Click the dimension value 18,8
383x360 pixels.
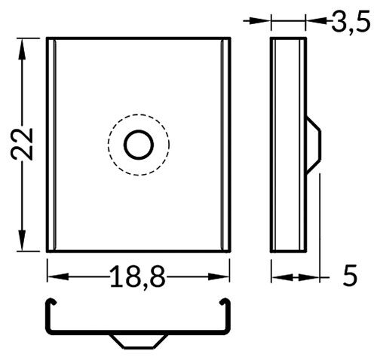pos(137,276)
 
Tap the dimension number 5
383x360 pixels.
pos(349,276)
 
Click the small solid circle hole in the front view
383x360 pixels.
pos(138,145)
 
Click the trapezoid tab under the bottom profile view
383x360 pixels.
pos(137,340)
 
